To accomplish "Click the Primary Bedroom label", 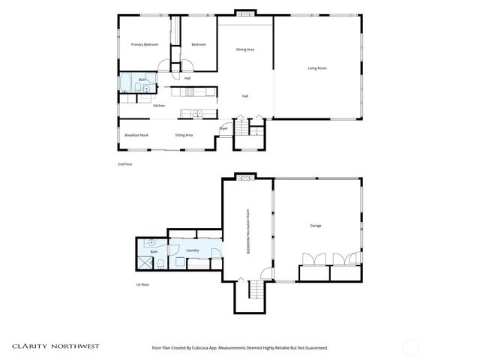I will click(145, 45).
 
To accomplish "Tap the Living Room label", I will click(316, 68).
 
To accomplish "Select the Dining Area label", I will click(245, 49).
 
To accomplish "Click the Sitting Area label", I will click(184, 135).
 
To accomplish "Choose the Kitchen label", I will click(159, 106).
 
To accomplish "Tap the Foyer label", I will click(223, 129).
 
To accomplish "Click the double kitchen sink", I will click(196, 114).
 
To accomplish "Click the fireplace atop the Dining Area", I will click(244, 13).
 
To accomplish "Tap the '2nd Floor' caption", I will click(124, 163).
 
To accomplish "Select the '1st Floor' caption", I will click(142, 285).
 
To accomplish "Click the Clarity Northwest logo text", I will click(55, 347).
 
